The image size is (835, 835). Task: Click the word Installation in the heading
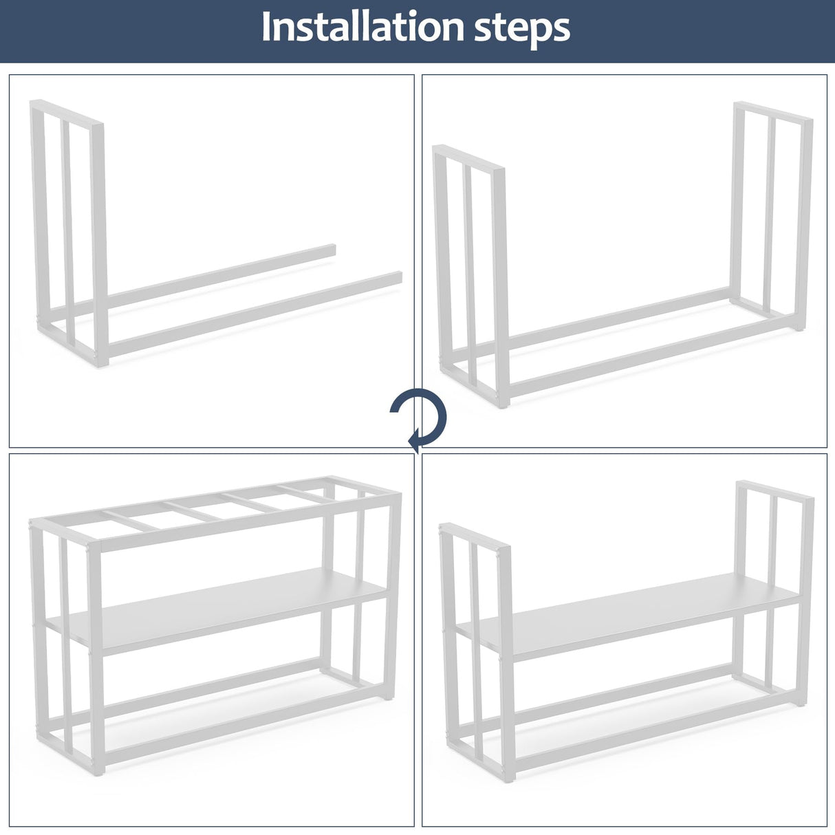362,27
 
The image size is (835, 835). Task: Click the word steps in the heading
522,30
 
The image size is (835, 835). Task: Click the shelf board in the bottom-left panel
217,611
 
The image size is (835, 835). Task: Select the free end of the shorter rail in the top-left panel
332,250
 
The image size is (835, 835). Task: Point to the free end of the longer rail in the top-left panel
399,277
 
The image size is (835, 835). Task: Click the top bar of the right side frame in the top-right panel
773,111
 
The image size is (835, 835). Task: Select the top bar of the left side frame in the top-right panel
469,158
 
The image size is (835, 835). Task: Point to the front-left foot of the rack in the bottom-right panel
510,779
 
